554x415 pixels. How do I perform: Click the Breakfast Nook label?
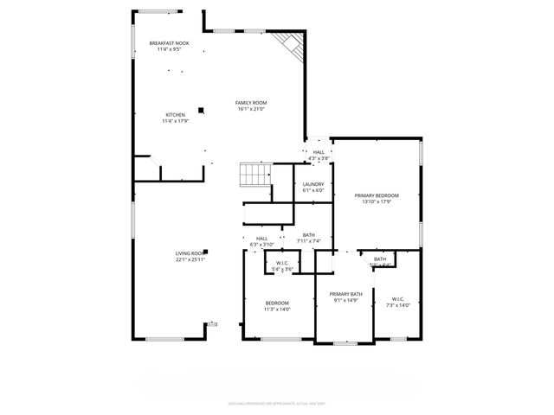pos(169,43)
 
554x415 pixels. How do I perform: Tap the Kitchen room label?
pos(175,115)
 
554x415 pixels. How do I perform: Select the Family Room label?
pos(251,103)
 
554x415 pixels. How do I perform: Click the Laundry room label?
pos(313,184)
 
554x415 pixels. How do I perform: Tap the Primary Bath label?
pos(344,295)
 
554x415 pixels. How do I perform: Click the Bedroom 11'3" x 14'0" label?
pos(277,303)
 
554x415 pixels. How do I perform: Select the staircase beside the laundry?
pos(255,176)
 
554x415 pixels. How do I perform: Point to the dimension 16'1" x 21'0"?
pos(251,110)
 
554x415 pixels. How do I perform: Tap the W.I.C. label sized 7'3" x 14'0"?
pos(398,300)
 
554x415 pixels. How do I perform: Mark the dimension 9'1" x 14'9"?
pos(344,301)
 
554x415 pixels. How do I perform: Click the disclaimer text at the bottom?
pos(276,402)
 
